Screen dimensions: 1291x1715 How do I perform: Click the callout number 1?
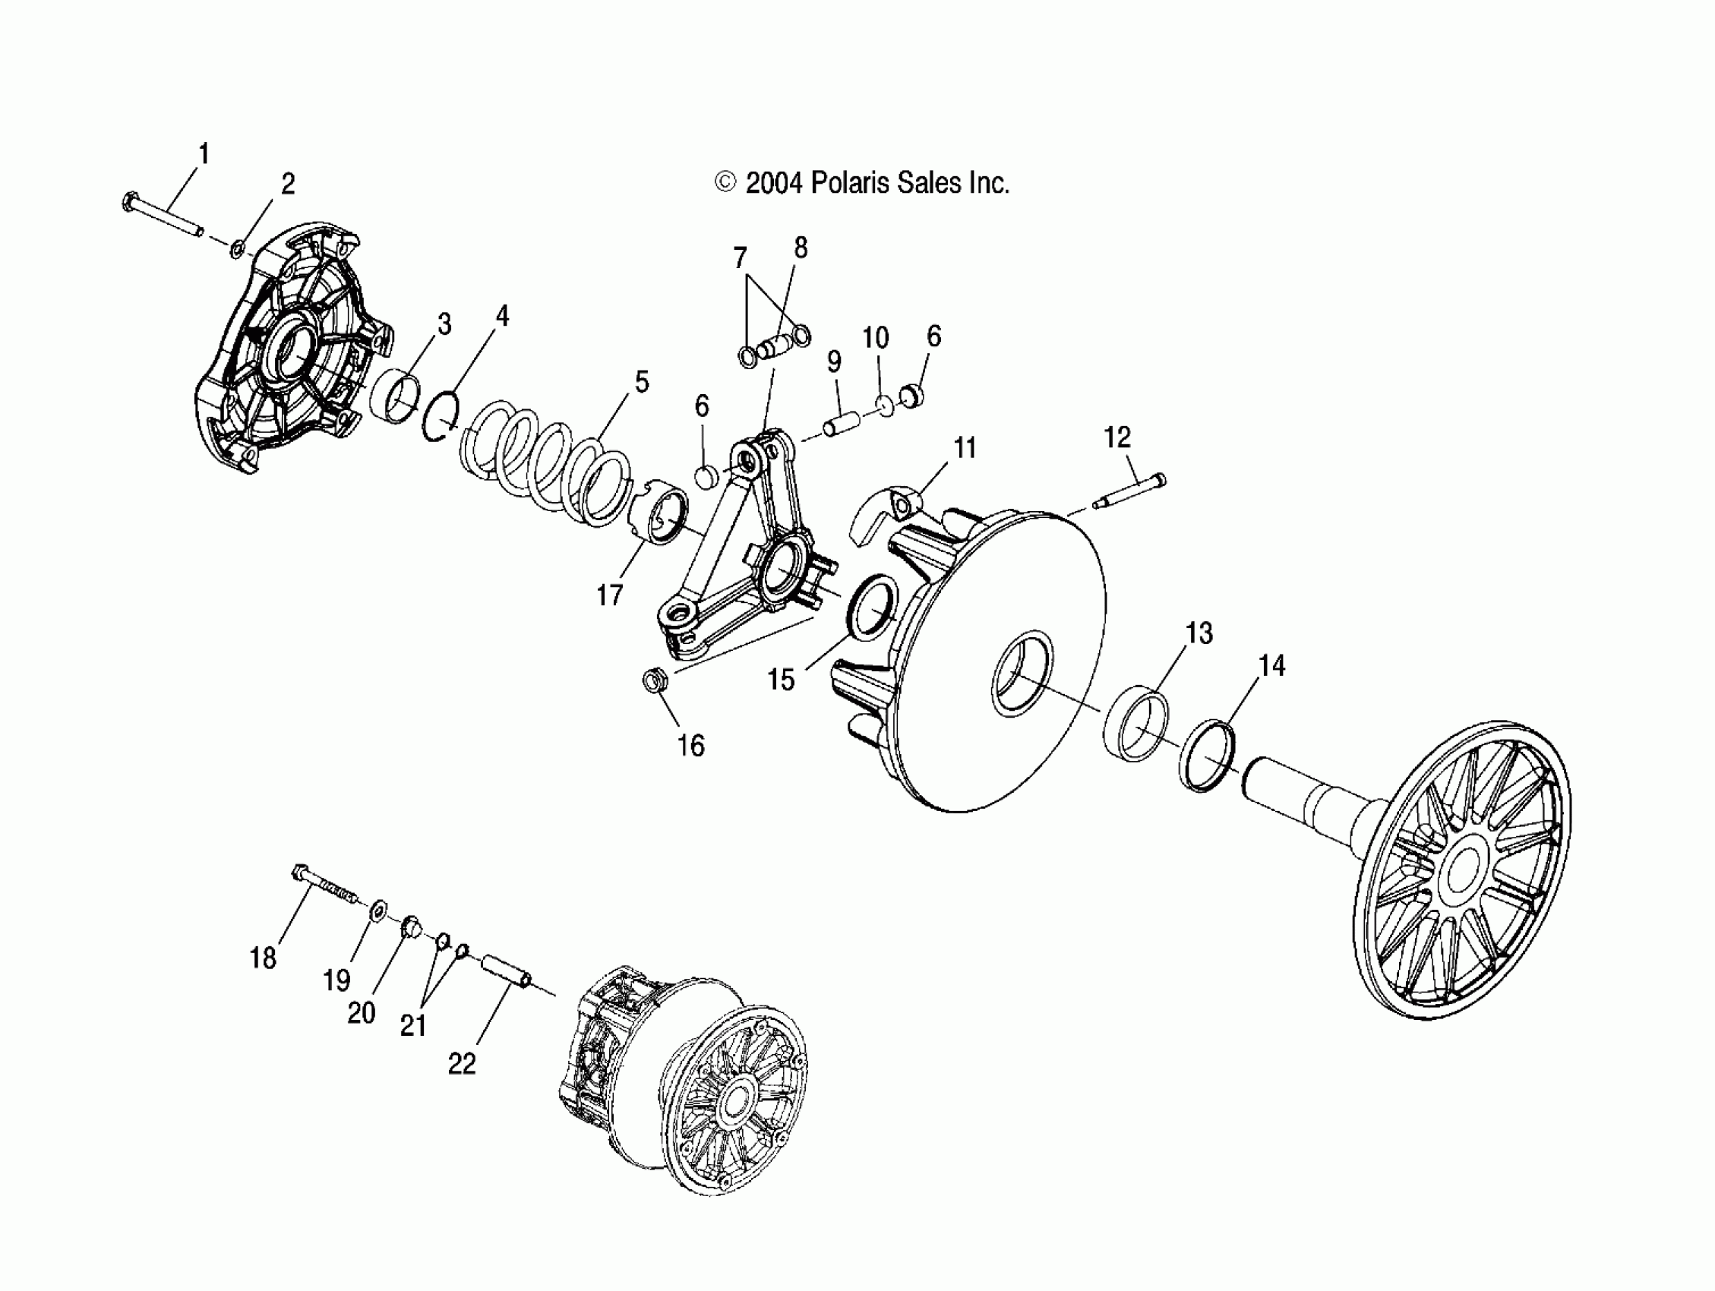[x=204, y=153]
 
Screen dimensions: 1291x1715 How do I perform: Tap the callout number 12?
[x=1117, y=437]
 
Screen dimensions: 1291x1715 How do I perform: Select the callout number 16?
[x=691, y=745]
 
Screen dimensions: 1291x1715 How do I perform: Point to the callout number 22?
[x=461, y=1063]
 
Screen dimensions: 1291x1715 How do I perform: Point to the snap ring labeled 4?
[x=442, y=418]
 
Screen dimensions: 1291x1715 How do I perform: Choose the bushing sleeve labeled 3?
[x=396, y=396]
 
